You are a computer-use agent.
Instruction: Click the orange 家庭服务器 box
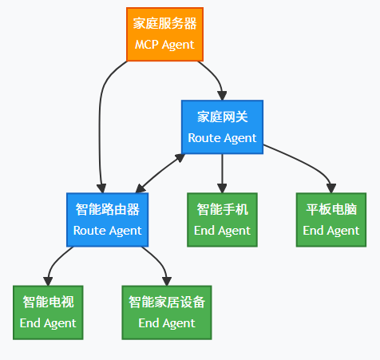(x=164, y=34)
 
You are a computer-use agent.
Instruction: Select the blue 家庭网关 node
(x=222, y=127)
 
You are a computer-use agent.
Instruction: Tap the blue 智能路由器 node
(x=107, y=220)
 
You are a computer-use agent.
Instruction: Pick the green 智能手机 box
(x=222, y=220)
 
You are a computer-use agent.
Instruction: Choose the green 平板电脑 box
(x=331, y=220)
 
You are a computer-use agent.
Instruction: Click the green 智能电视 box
(x=48, y=312)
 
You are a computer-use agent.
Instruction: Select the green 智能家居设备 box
(x=167, y=312)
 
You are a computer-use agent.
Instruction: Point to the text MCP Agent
(x=164, y=45)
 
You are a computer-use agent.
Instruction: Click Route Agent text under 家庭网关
(x=222, y=137)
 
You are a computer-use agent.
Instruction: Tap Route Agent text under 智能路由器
(x=107, y=230)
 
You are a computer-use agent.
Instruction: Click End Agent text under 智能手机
(x=222, y=230)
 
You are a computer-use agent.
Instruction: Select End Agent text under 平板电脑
(x=331, y=230)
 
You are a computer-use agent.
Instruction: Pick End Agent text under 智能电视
(x=48, y=322)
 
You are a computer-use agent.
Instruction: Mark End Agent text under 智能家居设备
(x=167, y=322)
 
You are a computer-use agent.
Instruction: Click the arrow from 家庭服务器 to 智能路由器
(x=100, y=128)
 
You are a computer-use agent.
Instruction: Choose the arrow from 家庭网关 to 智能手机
(x=222, y=172)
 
